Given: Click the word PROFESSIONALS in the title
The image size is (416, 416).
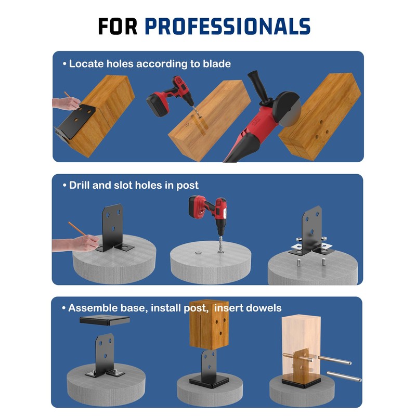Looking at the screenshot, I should (227, 26).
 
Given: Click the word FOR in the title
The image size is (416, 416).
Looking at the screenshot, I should (118, 26).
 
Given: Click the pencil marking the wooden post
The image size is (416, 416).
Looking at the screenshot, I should (68, 97).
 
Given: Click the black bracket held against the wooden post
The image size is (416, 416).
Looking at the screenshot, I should (75, 122).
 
